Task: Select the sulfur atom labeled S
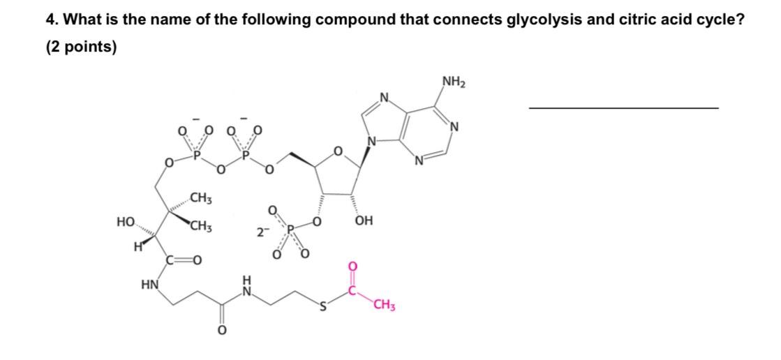click(322, 306)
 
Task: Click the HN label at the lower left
click(149, 285)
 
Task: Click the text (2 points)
click(81, 48)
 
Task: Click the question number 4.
click(51, 21)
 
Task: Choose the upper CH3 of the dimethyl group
click(201, 200)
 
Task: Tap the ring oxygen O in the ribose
click(339, 151)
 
